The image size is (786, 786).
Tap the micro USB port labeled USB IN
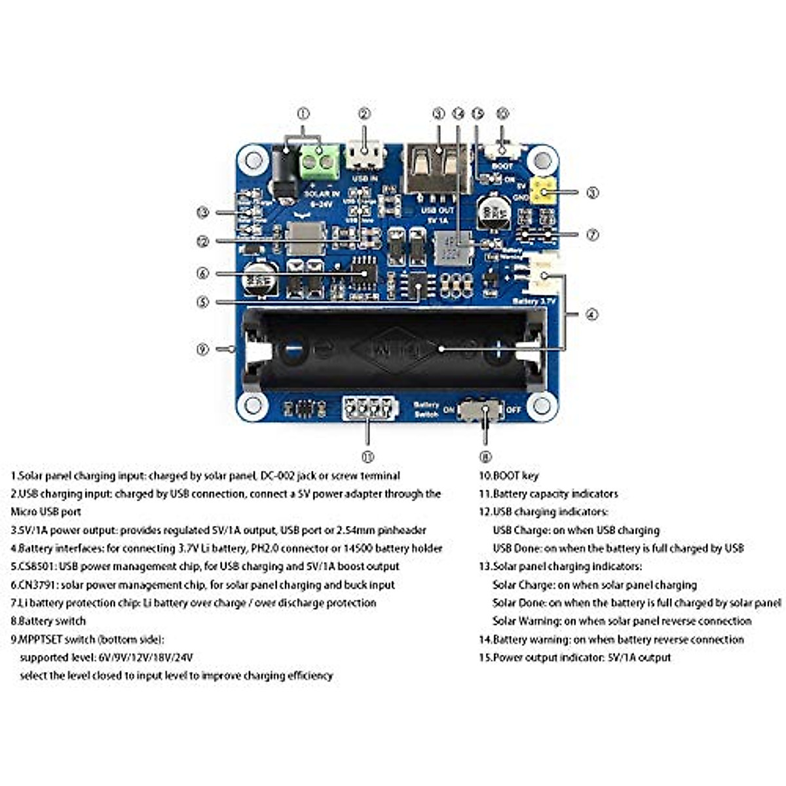(365, 156)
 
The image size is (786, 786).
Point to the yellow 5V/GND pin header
(543, 191)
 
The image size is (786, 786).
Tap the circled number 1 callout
(303, 113)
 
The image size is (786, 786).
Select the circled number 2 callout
(365, 113)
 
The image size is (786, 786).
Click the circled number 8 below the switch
(485, 457)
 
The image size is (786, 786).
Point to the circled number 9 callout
(202, 349)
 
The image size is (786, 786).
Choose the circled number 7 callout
(592, 234)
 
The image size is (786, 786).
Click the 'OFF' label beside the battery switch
(514, 411)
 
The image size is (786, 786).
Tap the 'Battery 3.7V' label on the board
(534, 301)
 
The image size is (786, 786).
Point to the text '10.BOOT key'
(509, 476)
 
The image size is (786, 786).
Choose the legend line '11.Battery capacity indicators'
(548, 494)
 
